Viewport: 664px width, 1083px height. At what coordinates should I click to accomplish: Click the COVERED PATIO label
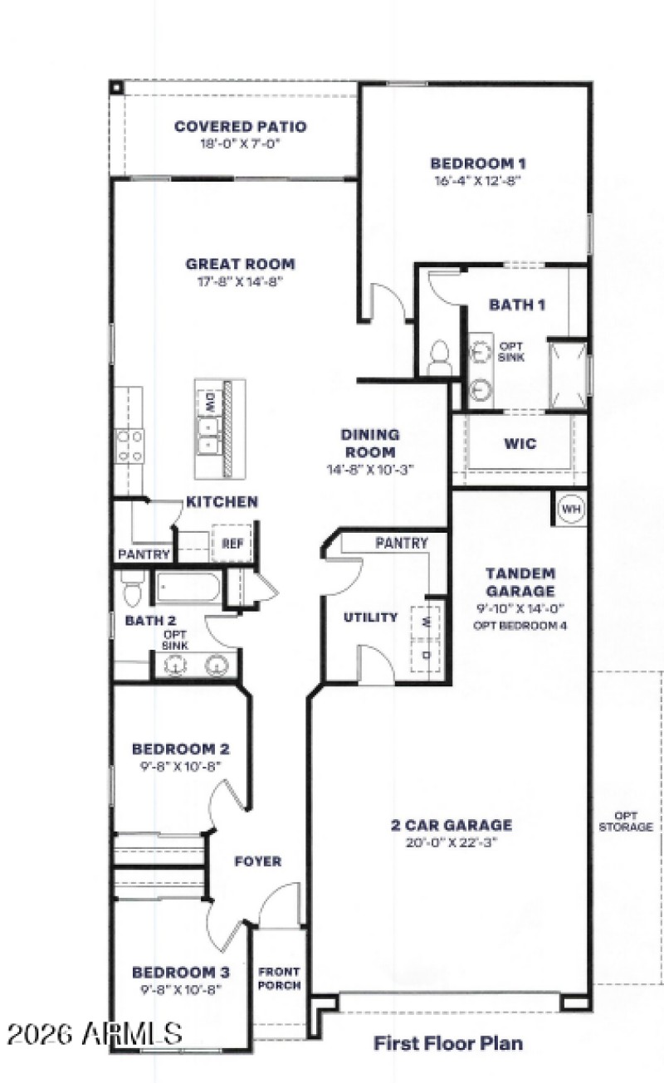pos(240,127)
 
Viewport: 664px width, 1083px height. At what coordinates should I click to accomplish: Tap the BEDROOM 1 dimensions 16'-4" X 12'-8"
pos(477,179)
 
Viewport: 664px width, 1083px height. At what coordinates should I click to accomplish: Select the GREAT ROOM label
pos(240,265)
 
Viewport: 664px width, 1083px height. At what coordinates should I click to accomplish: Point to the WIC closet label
pos(520,444)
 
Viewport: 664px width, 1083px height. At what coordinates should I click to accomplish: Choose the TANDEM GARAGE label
pos(520,582)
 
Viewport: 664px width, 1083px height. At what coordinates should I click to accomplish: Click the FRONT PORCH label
pos(279,978)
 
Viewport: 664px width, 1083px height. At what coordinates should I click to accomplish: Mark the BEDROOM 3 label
pos(181,972)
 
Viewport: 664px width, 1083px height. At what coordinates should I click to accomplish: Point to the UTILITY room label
pos(370,617)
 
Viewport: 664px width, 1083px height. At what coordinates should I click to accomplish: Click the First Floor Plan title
pos(448,1042)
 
